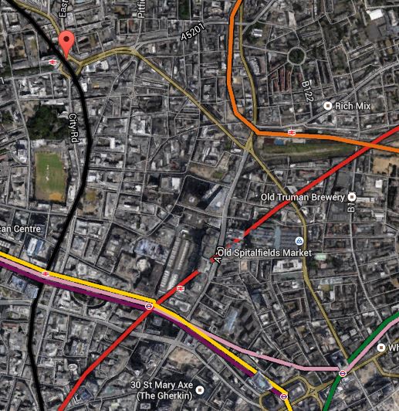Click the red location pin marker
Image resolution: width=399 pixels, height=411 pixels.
[x=67, y=42]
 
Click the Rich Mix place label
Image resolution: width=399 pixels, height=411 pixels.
[x=353, y=105]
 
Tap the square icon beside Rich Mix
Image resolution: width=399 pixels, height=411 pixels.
[x=328, y=105]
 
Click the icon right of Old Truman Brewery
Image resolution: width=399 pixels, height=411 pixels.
[x=353, y=197]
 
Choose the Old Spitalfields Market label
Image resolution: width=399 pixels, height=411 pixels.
[x=264, y=253]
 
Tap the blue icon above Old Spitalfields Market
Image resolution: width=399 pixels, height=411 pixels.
[x=299, y=239]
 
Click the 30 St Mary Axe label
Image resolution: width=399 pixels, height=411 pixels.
[x=158, y=386]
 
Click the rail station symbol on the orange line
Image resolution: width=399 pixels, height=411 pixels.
[x=292, y=133]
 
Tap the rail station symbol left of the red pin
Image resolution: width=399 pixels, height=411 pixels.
[x=52, y=63]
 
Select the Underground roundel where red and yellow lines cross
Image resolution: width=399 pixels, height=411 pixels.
[x=149, y=305]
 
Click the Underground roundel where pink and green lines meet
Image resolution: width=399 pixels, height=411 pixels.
[x=343, y=374]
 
